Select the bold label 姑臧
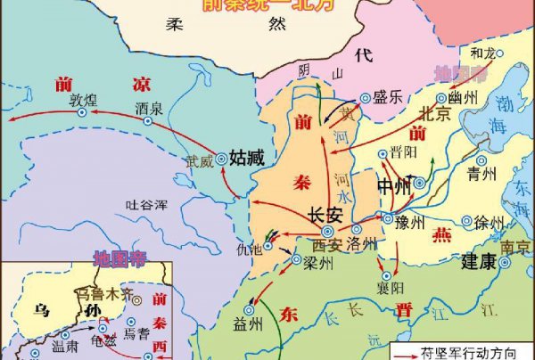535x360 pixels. pyautogui.click(x=247, y=159)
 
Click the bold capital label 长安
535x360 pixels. pyautogui.click(x=325, y=215)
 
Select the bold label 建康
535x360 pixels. pyautogui.click(x=479, y=264)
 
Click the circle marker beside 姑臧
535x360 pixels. pyautogui.click(x=221, y=160)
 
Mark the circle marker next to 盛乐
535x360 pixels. pyautogui.click(x=365, y=100)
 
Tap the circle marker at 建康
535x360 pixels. pyautogui.click(x=506, y=264)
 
